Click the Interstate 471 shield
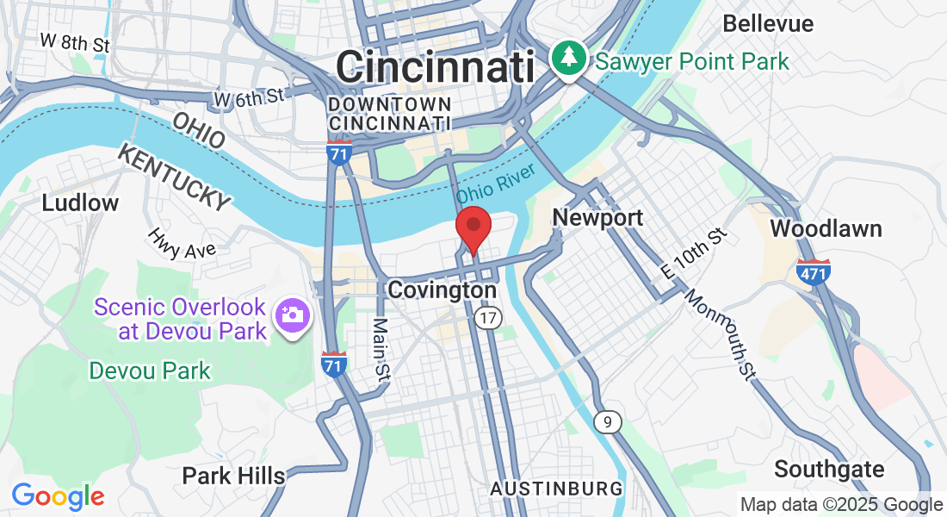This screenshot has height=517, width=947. [814, 271]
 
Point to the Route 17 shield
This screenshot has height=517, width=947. [488, 318]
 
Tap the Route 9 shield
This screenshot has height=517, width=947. [608, 421]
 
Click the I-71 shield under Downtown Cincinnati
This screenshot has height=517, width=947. [340, 153]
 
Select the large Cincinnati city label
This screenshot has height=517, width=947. [436, 66]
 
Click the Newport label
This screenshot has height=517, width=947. [597, 218]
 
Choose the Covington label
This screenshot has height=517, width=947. [442, 290]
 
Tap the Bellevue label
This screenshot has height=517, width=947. [768, 23]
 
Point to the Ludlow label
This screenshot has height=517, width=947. [80, 203]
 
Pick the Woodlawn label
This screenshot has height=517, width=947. [826, 228]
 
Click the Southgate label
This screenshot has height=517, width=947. [829, 470]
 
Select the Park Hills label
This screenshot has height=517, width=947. [233, 476]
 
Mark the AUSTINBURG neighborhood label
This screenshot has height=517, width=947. [556, 489]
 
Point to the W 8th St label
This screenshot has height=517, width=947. [76, 41]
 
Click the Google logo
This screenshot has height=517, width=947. [58, 496]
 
